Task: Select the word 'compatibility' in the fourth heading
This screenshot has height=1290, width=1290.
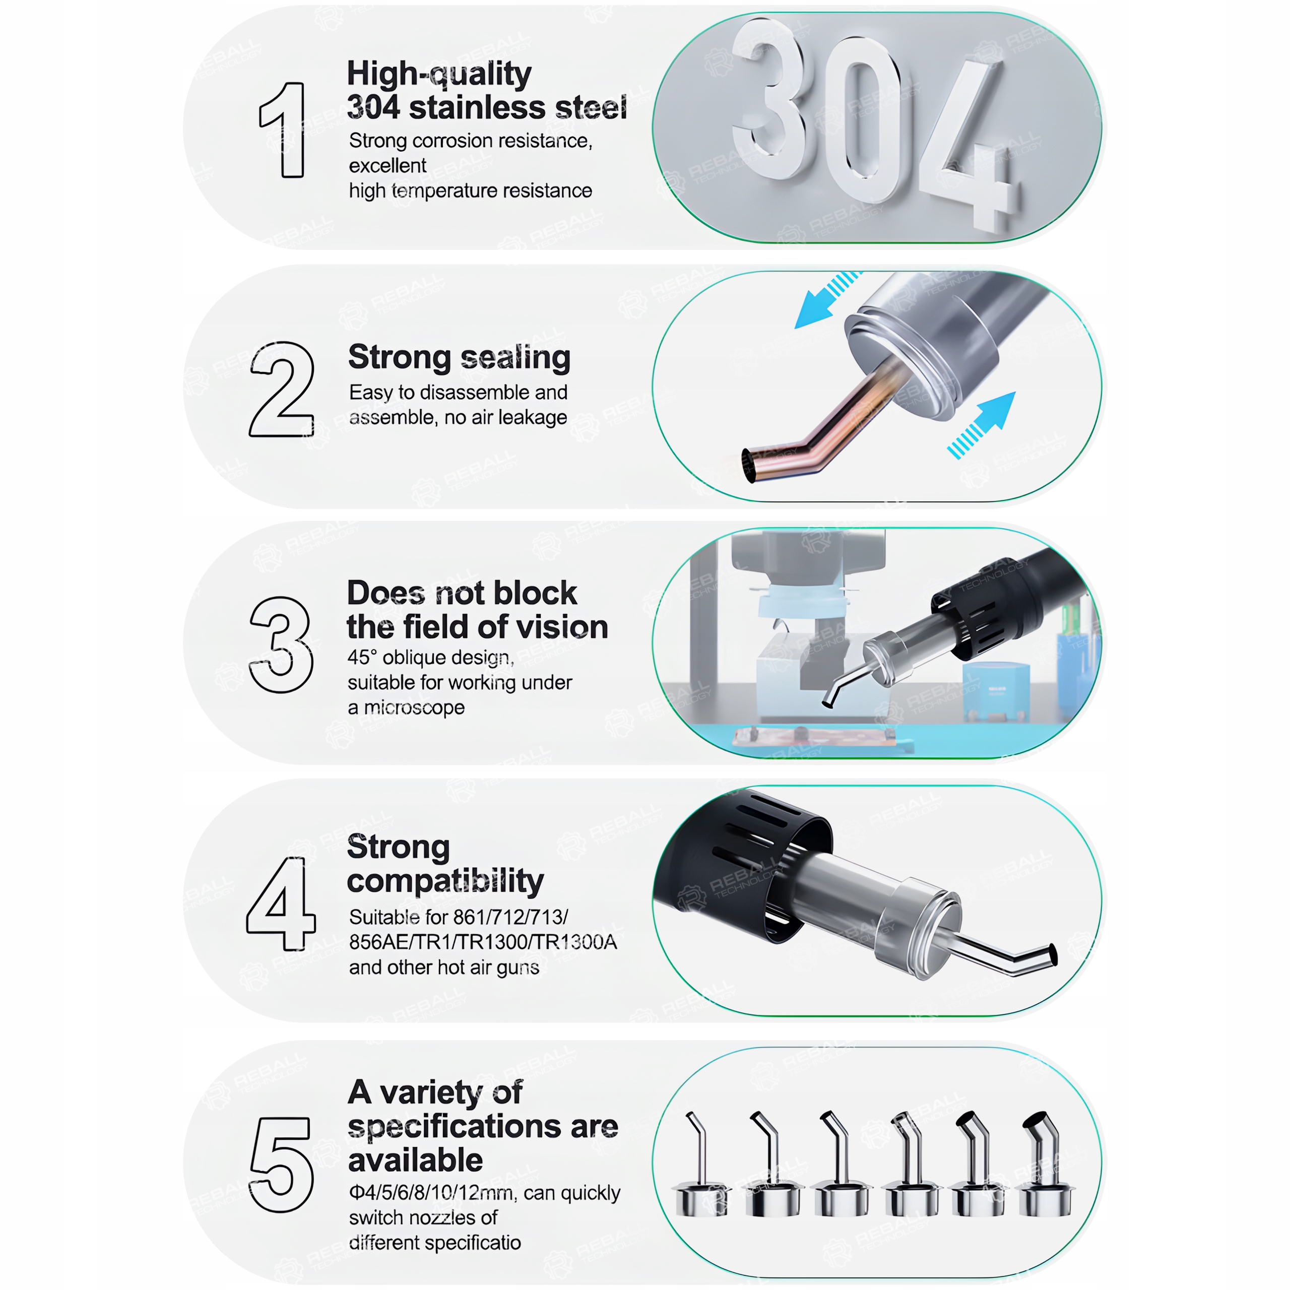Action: [x=445, y=881]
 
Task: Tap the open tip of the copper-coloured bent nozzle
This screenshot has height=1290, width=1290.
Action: [x=749, y=466]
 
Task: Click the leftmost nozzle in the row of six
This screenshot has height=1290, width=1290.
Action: [x=701, y=1165]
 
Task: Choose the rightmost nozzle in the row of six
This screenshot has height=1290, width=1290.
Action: [x=1046, y=1165]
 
